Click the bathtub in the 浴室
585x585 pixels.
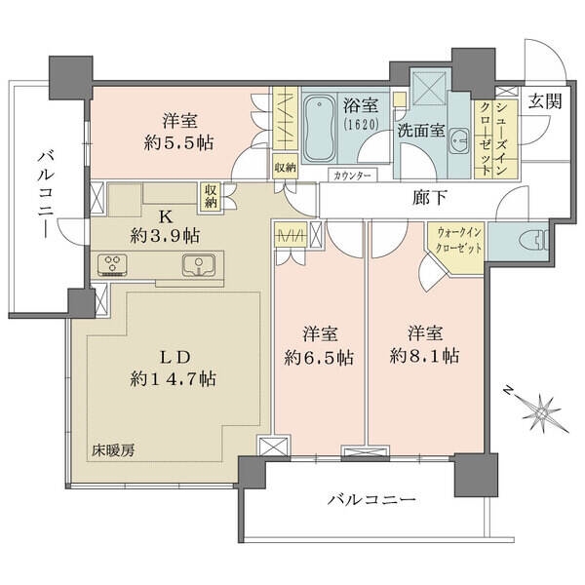(320, 127)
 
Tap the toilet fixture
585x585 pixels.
(538, 239)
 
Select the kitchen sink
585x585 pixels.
(199, 265)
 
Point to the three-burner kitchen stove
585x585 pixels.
(112, 264)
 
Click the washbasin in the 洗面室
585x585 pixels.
(459, 142)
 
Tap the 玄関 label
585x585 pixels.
(545, 101)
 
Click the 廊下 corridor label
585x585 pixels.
(429, 197)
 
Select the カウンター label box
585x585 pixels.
(353, 175)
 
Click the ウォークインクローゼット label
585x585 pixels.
(458, 241)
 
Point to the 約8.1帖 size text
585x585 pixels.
(424, 356)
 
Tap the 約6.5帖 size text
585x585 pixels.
(319, 358)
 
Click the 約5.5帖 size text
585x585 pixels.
(179, 142)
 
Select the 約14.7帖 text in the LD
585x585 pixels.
(174, 379)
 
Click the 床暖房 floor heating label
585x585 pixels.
(113, 450)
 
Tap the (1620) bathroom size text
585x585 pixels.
(361, 124)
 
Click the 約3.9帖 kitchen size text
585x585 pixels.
(165, 236)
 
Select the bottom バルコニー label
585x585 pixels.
(371, 499)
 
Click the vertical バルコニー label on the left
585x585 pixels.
(46, 194)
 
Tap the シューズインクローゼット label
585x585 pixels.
(492, 138)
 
